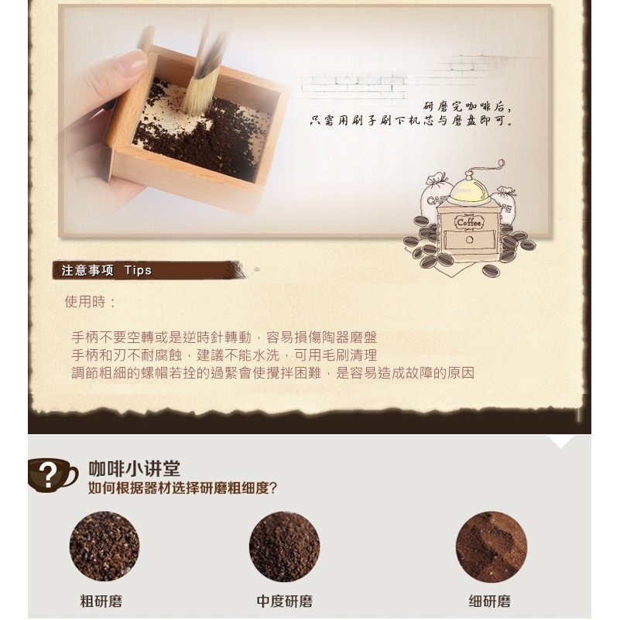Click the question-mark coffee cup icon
(x=52, y=475)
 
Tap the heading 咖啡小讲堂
(x=134, y=469)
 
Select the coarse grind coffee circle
(x=104, y=546)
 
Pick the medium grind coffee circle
(x=284, y=546)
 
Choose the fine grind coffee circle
(x=491, y=546)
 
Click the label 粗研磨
(x=101, y=601)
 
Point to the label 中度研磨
(x=284, y=601)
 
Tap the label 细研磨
(x=489, y=601)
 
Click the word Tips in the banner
(x=138, y=270)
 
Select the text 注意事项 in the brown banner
(x=87, y=270)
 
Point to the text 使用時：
(x=91, y=302)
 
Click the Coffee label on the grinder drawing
(x=469, y=223)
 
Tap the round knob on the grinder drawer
(x=469, y=240)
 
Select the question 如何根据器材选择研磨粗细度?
(x=182, y=488)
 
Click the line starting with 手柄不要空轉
(x=224, y=337)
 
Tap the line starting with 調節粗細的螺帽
(x=272, y=373)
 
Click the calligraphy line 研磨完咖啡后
(x=468, y=106)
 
